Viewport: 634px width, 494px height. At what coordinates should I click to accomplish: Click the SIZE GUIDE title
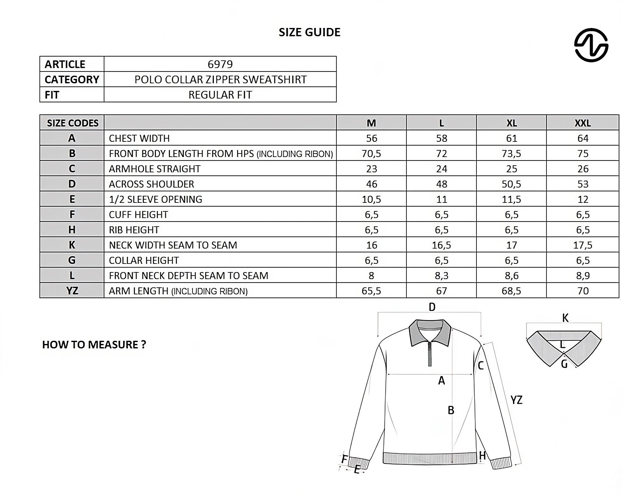click(x=309, y=32)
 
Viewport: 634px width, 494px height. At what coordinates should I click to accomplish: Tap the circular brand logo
click(x=591, y=45)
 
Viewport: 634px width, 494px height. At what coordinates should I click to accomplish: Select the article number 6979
click(x=220, y=64)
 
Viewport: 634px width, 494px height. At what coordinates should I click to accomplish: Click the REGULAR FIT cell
click(x=220, y=95)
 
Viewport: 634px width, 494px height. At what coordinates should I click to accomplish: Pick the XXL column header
click(x=582, y=123)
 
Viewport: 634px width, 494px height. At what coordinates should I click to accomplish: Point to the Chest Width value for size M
click(x=371, y=138)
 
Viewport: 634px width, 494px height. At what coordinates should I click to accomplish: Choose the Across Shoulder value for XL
click(x=511, y=184)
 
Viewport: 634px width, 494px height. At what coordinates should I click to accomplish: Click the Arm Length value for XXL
click(x=582, y=291)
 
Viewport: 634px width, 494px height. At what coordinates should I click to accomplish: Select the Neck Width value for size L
click(x=441, y=245)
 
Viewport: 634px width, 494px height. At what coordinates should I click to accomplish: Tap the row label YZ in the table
click(x=72, y=291)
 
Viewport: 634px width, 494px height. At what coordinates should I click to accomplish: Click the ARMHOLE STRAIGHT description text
click(x=155, y=169)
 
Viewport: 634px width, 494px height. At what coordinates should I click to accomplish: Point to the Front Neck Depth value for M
click(x=371, y=276)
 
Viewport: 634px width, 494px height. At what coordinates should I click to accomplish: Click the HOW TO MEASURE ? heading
click(x=94, y=345)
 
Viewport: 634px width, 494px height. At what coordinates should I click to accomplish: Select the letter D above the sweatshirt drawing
click(x=432, y=307)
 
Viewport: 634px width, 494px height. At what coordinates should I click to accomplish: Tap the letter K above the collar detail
click(x=565, y=318)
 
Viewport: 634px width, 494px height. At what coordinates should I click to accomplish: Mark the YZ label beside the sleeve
click(x=516, y=400)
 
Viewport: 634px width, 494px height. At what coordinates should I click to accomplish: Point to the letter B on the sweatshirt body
click(x=451, y=410)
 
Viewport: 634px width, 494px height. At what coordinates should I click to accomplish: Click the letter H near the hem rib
click(x=482, y=456)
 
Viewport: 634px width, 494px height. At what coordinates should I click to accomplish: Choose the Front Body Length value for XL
click(x=511, y=154)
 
